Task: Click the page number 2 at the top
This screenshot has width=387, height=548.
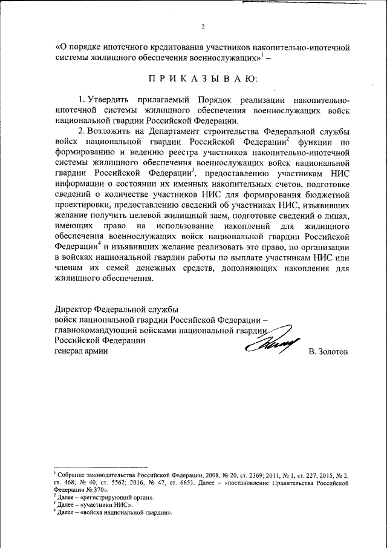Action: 203,26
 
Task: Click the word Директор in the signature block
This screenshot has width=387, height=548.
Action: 74,309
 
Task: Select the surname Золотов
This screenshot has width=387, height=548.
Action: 328,352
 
